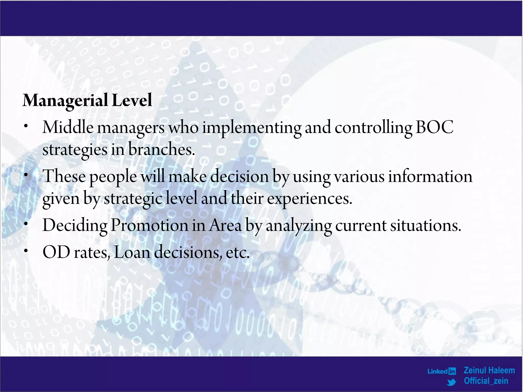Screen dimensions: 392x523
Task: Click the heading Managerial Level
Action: (x=87, y=100)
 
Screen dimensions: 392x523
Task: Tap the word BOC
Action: (x=435, y=127)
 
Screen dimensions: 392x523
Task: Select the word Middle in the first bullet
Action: (x=68, y=127)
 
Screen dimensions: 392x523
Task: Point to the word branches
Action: (x=161, y=149)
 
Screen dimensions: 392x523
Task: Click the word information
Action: (x=430, y=176)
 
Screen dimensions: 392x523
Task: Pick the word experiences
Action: (x=310, y=199)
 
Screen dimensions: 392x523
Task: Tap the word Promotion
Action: (x=149, y=225)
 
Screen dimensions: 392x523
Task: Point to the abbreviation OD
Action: (x=56, y=252)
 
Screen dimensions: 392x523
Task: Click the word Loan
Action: (x=132, y=252)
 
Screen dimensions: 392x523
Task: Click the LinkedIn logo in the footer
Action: (x=442, y=371)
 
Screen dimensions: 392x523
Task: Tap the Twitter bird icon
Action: (x=452, y=382)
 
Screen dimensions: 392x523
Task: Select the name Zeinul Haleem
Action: (x=489, y=370)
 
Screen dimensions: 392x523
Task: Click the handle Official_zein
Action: (x=486, y=381)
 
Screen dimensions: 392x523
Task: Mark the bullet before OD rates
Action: (x=26, y=251)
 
